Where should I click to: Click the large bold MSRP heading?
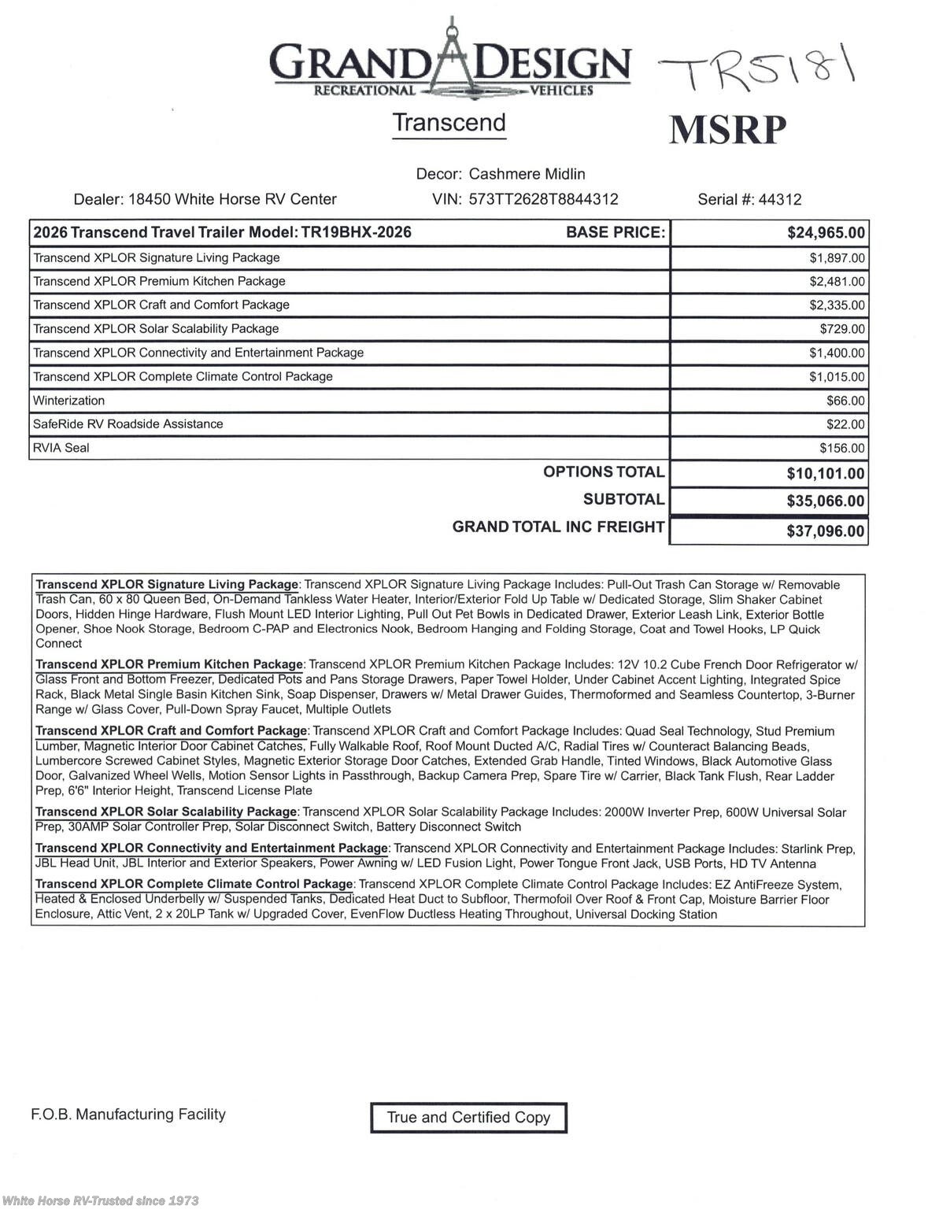pyautogui.click(x=728, y=130)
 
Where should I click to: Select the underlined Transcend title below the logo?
pyautogui.click(x=449, y=123)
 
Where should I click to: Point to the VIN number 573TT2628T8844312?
pyautogui.click(x=543, y=199)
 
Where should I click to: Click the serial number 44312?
pyautogui.click(x=779, y=199)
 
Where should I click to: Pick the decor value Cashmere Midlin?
pyautogui.click(x=527, y=174)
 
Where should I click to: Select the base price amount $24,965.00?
pyautogui.click(x=826, y=232)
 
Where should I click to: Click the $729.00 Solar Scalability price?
pyautogui.click(x=842, y=329)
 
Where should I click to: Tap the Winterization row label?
pyautogui.click(x=68, y=401)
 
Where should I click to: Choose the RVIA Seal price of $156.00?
pyautogui.click(x=842, y=448)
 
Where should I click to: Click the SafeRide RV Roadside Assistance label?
pyautogui.click(x=128, y=424)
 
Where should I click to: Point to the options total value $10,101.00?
pyautogui.click(x=825, y=473)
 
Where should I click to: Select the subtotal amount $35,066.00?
pyautogui.click(x=825, y=501)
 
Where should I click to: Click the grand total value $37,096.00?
pyautogui.click(x=825, y=531)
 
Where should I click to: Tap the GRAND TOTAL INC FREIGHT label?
pyautogui.click(x=558, y=527)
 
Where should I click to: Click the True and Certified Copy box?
pyautogui.click(x=468, y=1117)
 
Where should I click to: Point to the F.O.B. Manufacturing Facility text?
pyautogui.click(x=128, y=1114)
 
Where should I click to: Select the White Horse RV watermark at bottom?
pyautogui.click(x=101, y=1200)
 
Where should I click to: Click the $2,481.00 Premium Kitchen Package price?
pyautogui.click(x=837, y=282)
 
